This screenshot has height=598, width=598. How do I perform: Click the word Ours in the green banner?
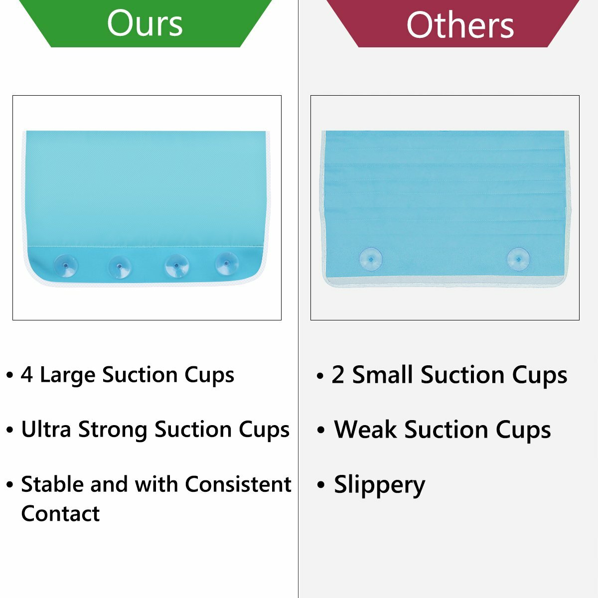tap(145, 23)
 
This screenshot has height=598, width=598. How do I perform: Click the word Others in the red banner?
tap(460, 25)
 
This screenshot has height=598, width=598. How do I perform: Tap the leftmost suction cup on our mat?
tap(65, 266)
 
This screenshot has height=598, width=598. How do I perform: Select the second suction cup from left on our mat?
tap(120, 267)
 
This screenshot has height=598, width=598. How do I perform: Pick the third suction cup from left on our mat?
tap(176, 265)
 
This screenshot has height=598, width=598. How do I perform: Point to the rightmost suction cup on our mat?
tap(227, 264)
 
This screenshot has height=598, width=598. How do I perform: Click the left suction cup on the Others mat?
tap(371, 259)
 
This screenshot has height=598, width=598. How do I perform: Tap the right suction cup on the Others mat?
tap(518, 259)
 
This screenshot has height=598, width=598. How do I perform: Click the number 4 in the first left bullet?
tap(27, 374)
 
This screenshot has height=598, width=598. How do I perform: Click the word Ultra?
tap(46, 430)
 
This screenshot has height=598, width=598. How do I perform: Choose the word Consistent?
tap(238, 484)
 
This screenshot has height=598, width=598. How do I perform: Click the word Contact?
tap(60, 514)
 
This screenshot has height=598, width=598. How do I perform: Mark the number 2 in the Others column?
tap(338, 375)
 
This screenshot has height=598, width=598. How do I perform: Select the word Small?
tap(382, 375)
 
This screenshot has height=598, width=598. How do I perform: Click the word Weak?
tap(365, 430)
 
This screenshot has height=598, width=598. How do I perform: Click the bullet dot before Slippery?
tap(321, 485)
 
